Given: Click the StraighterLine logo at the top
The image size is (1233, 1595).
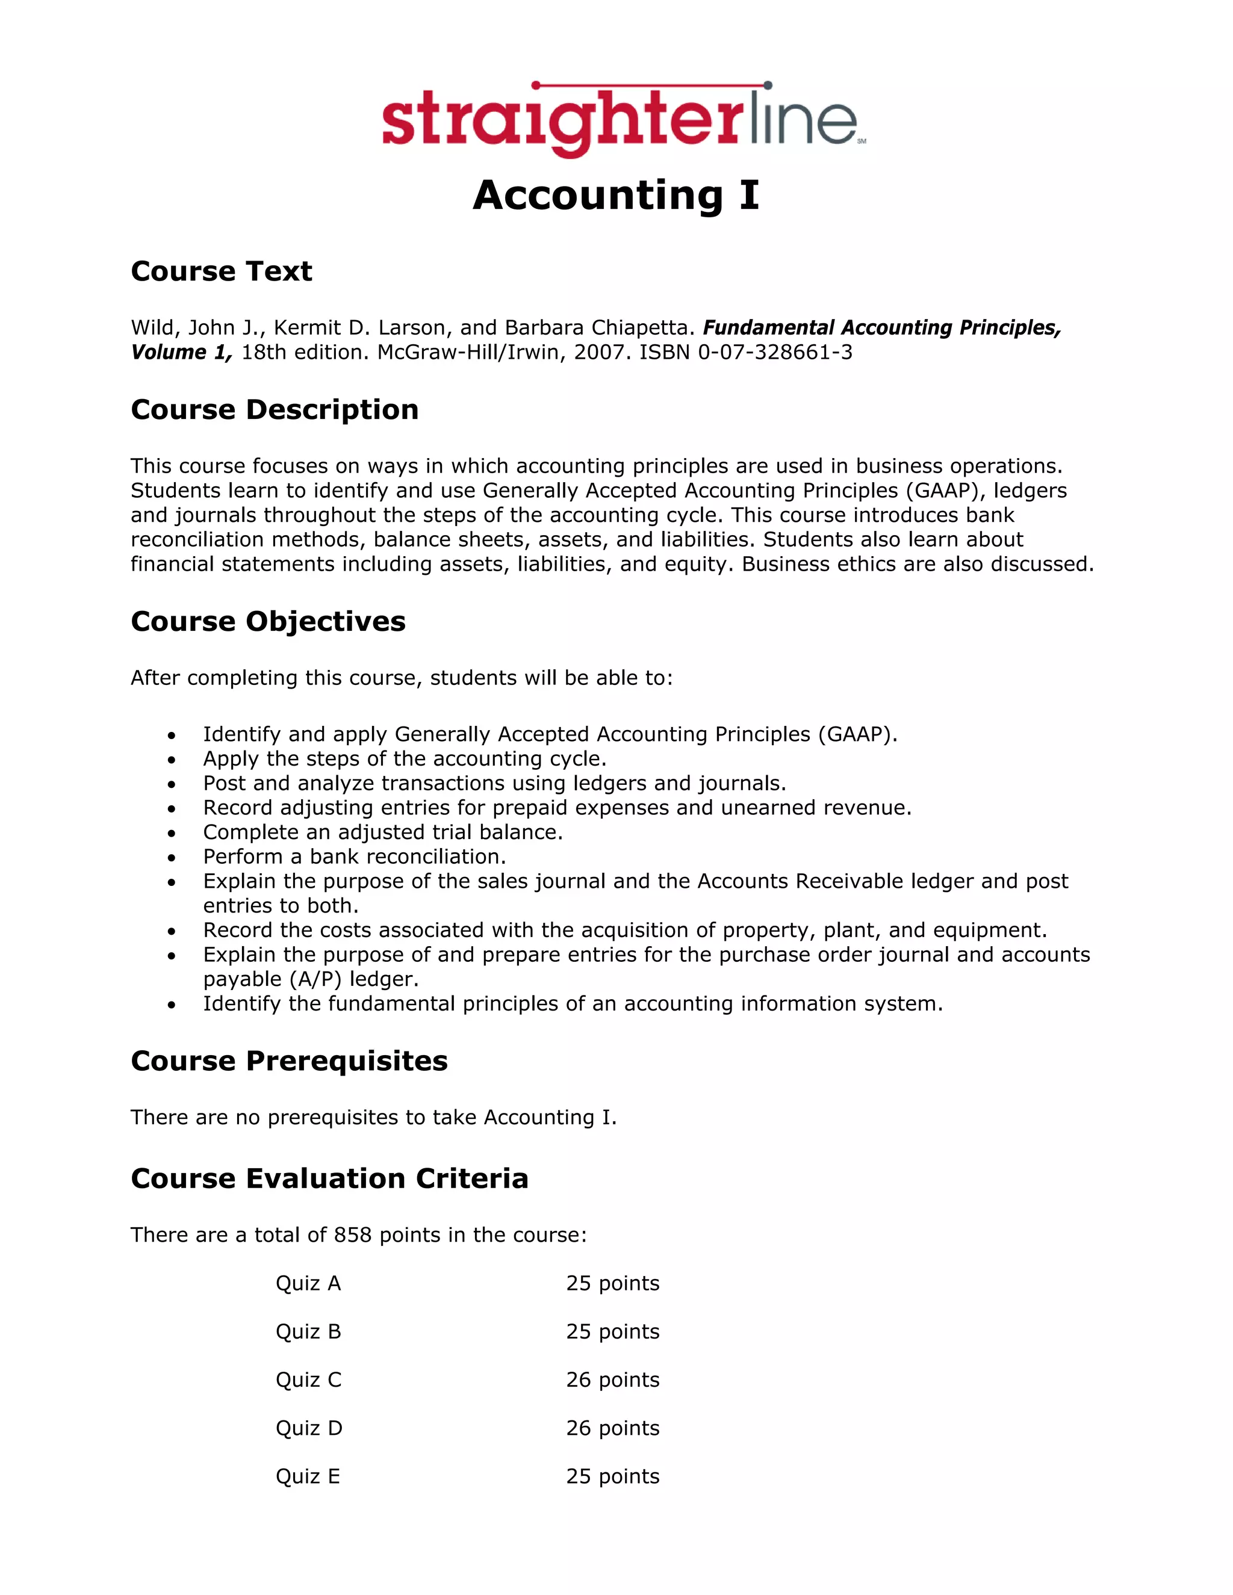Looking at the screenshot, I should (x=623, y=119).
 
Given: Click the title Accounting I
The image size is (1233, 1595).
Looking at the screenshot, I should (x=616, y=196).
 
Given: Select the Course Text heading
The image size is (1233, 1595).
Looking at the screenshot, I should (x=222, y=271).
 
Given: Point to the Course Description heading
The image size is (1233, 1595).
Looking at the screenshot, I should (x=275, y=410).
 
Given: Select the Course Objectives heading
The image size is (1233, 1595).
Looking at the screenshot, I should (x=268, y=622).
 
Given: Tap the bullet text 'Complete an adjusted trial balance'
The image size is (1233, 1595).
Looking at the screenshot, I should (x=383, y=832).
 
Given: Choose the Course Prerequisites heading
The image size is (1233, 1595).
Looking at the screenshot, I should (x=289, y=1061).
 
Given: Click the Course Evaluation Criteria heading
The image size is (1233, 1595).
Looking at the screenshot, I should (x=329, y=1178).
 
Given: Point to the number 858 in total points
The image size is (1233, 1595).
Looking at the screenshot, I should (x=353, y=1235).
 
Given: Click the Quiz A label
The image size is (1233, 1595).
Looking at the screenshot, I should (x=308, y=1283).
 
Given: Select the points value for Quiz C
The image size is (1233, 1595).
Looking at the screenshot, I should (x=612, y=1380).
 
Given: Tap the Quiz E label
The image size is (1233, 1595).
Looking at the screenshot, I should (x=308, y=1476).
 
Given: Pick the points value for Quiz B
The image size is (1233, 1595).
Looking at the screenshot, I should (x=612, y=1331).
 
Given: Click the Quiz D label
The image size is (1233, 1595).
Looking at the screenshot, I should (x=309, y=1428).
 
